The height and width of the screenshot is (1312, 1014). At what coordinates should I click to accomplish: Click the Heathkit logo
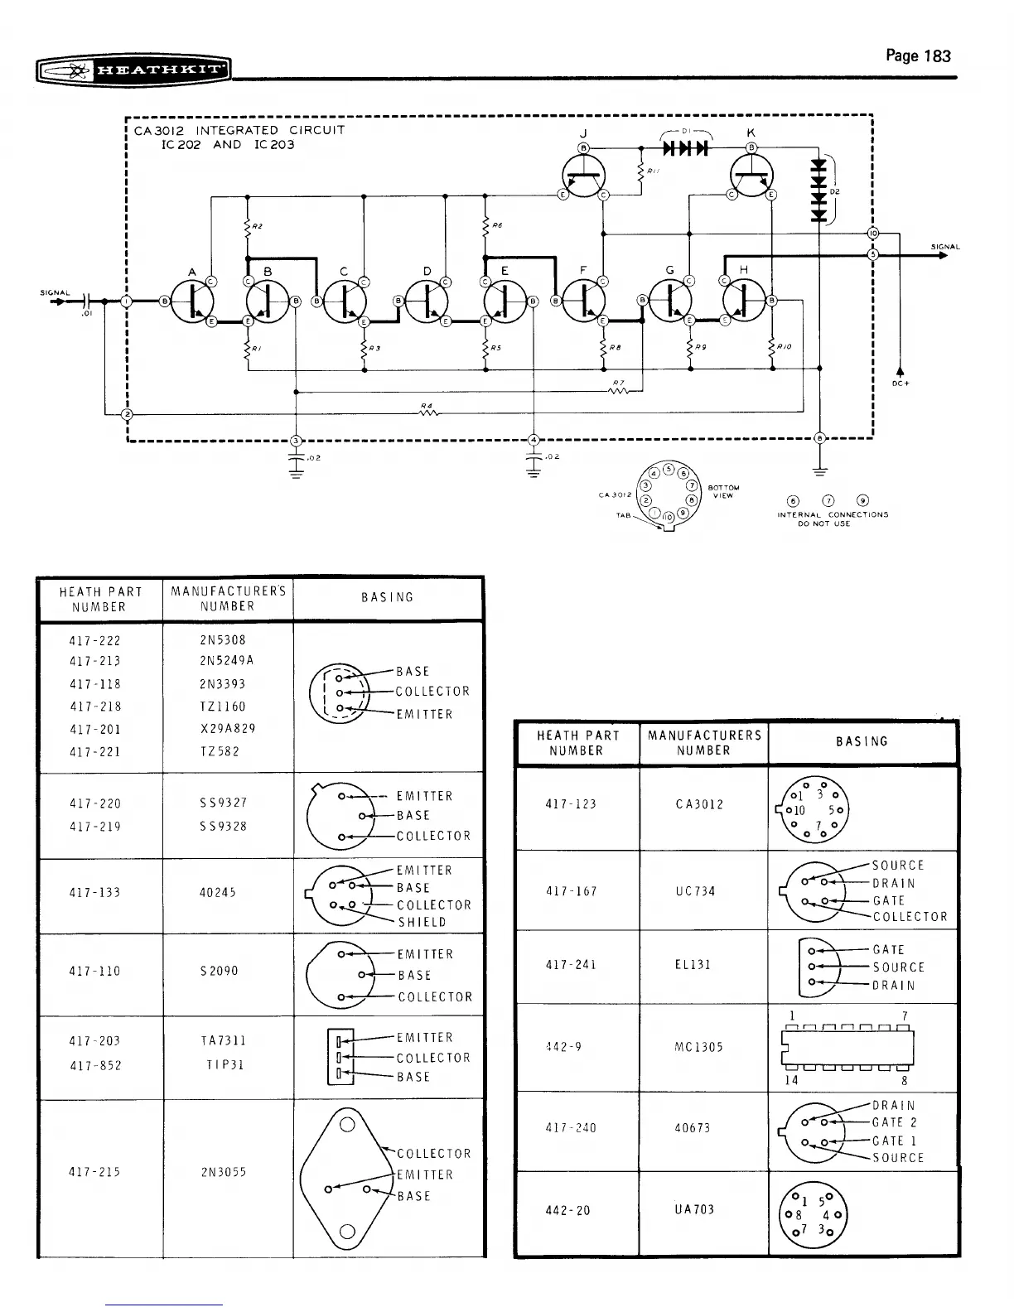point(133,70)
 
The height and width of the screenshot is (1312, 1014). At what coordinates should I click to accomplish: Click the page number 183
point(918,56)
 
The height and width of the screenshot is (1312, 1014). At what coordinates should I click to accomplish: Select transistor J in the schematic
point(584,175)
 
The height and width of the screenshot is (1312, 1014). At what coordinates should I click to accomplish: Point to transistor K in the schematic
point(752,175)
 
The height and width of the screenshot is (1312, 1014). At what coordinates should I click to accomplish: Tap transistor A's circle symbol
point(192,301)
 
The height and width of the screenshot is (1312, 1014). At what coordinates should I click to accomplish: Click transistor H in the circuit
point(744,301)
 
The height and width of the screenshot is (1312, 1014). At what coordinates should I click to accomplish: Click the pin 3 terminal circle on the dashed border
point(297,440)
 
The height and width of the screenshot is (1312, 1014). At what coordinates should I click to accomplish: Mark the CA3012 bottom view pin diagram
point(667,494)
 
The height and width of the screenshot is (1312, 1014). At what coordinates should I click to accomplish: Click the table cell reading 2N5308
point(223,640)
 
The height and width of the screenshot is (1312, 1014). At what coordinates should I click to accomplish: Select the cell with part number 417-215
point(95,1172)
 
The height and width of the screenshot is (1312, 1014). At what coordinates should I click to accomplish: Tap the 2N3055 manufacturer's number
point(224,1172)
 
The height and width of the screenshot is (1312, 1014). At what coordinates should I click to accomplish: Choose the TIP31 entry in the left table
point(223,1064)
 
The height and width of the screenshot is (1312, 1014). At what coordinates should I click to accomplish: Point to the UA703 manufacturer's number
point(693,1210)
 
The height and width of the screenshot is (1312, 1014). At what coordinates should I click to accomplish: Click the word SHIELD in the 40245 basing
point(422,923)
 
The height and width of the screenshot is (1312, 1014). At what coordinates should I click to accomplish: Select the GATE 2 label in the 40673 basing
point(894,1123)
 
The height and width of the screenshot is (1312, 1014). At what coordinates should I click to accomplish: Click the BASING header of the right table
point(862,742)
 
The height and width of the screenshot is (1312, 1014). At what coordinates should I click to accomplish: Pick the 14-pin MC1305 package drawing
point(847,1048)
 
